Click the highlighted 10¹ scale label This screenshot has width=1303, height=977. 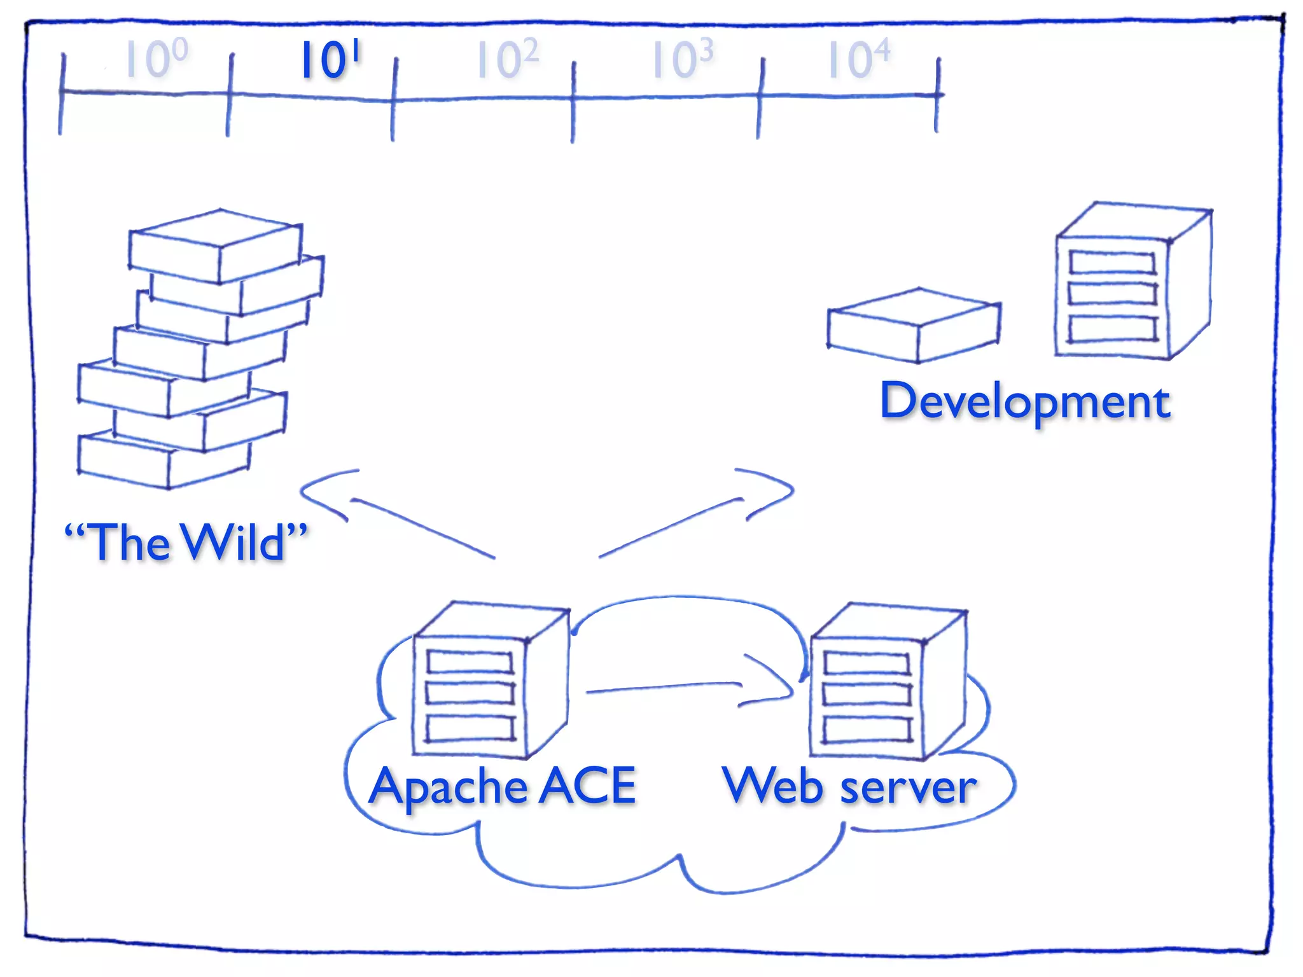(x=330, y=60)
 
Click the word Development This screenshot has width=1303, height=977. (x=1025, y=401)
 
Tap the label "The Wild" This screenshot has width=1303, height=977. (x=186, y=542)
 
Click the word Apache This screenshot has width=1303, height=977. (x=448, y=787)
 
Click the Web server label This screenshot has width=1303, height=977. (x=849, y=787)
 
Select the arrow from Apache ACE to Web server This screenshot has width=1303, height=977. (x=687, y=687)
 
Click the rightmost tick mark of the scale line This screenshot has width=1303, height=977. (x=937, y=95)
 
